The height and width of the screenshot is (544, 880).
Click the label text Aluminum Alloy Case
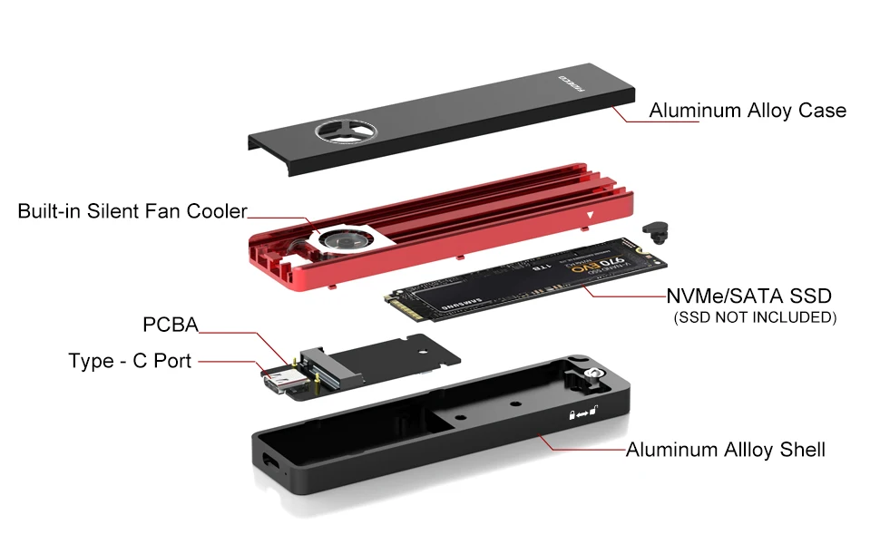click(x=747, y=111)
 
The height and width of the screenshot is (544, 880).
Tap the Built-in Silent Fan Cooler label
click(x=132, y=211)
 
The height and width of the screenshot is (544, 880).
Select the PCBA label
click(x=170, y=325)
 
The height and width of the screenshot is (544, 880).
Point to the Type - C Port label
click(x=130, y=361)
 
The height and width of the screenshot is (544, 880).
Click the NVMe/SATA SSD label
click(x=748, y=296)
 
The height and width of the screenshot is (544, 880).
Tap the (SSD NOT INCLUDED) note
click(x=754, y=317)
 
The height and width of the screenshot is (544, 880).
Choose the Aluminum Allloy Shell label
click(x=725, y=450)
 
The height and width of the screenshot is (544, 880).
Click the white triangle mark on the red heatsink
click(x=591, y=215)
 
